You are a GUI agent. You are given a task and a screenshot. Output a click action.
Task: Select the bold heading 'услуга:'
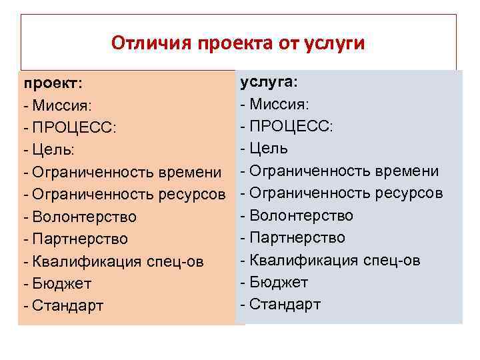click(x=269, y=81)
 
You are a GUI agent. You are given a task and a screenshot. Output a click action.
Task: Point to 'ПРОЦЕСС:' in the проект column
click(x=73, y=128)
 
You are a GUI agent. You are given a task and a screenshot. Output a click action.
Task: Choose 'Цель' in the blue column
click(x=269, y=149)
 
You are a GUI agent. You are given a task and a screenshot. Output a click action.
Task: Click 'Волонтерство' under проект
click(x=83, y=217)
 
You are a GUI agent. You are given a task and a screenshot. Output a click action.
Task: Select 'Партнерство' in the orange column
click(x=79, y=239)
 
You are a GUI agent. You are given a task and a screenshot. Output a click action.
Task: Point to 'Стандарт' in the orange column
click(x=66, y=306)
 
